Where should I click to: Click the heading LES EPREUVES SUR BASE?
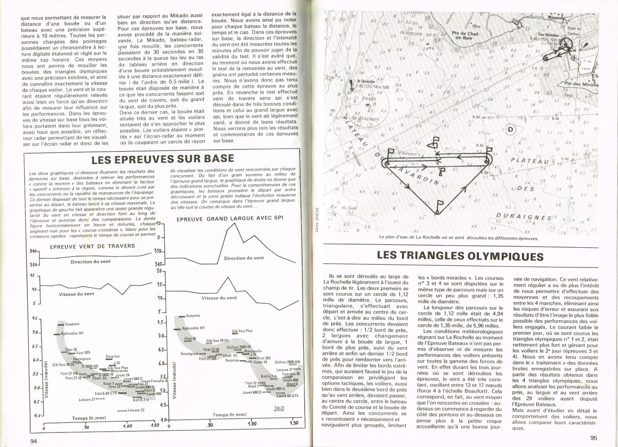163,159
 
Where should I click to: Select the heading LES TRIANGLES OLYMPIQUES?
460,256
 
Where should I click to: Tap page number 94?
34,440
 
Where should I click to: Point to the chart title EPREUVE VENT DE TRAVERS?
92,246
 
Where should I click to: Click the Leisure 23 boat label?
136,410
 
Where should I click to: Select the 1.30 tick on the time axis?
295,423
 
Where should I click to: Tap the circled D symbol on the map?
510,130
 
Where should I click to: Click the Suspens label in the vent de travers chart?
72,324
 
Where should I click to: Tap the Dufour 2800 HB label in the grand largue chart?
287,361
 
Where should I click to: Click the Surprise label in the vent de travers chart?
113,356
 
